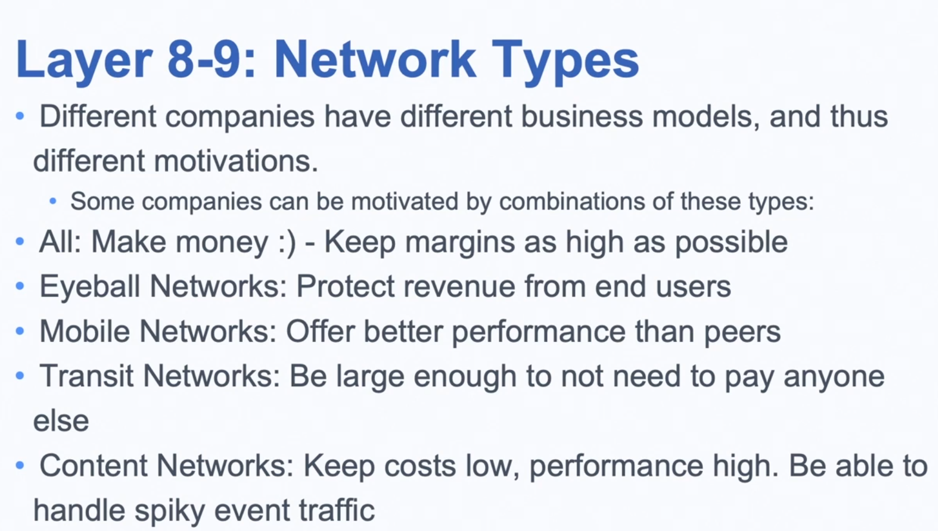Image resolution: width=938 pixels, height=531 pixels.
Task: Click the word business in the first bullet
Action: click(x=581, y=116)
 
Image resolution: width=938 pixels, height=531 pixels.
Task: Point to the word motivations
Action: click(x=236, y=161)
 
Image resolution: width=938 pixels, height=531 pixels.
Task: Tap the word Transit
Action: click(x=87, y=376)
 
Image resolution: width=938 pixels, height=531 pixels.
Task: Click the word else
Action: click(x=61, y=420)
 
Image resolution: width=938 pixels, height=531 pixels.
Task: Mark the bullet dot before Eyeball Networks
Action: click(x=20, y=286)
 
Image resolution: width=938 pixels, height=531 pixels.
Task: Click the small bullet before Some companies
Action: click(x=53, y=202)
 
